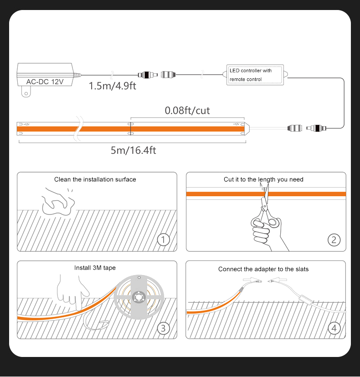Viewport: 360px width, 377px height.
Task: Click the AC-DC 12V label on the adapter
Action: pos(45,82)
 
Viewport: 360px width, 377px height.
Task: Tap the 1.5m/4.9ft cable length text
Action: pos(112,86)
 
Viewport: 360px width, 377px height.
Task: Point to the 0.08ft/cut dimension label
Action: pos(187,110)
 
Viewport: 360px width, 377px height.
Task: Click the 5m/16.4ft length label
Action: pos(133,150)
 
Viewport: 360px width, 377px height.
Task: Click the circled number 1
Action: pos(163,239)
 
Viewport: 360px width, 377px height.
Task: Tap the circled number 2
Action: pos(334,239)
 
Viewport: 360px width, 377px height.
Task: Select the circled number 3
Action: pos(163,328)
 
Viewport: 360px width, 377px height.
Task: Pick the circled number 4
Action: pos(334,328)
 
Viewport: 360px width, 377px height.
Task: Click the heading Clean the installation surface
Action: pos(95,179)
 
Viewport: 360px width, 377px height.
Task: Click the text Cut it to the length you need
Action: pos(263,179)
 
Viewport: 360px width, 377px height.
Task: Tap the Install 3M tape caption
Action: pos(95,268)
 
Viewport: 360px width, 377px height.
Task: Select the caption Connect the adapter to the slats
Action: pos(263,269)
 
